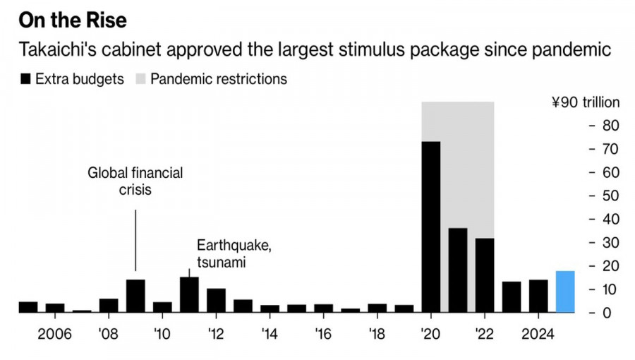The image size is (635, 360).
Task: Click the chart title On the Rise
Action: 72,20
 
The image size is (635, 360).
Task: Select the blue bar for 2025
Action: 565,291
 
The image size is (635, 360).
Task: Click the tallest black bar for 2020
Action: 431,226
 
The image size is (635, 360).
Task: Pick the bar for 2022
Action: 485,275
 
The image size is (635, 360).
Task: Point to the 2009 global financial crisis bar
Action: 135,296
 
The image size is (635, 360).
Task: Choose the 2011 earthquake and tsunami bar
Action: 189,294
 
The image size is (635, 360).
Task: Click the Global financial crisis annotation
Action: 135,181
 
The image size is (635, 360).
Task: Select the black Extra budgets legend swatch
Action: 25,79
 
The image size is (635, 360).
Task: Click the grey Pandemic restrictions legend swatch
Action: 140,79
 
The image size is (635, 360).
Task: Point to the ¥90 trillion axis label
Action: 586,102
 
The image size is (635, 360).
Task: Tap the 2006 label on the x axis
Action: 54,332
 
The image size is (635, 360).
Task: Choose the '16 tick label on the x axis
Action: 322,332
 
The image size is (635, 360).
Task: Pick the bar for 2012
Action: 216,300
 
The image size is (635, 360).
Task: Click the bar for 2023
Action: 512,296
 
